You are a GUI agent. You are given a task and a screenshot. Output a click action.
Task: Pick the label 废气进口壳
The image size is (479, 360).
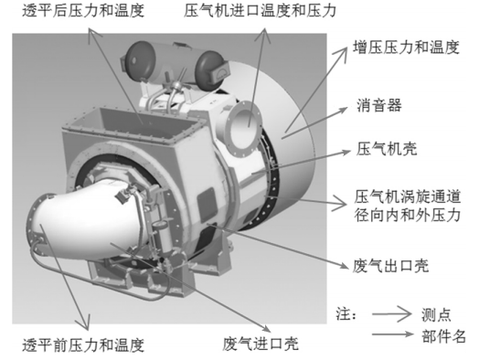261,345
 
